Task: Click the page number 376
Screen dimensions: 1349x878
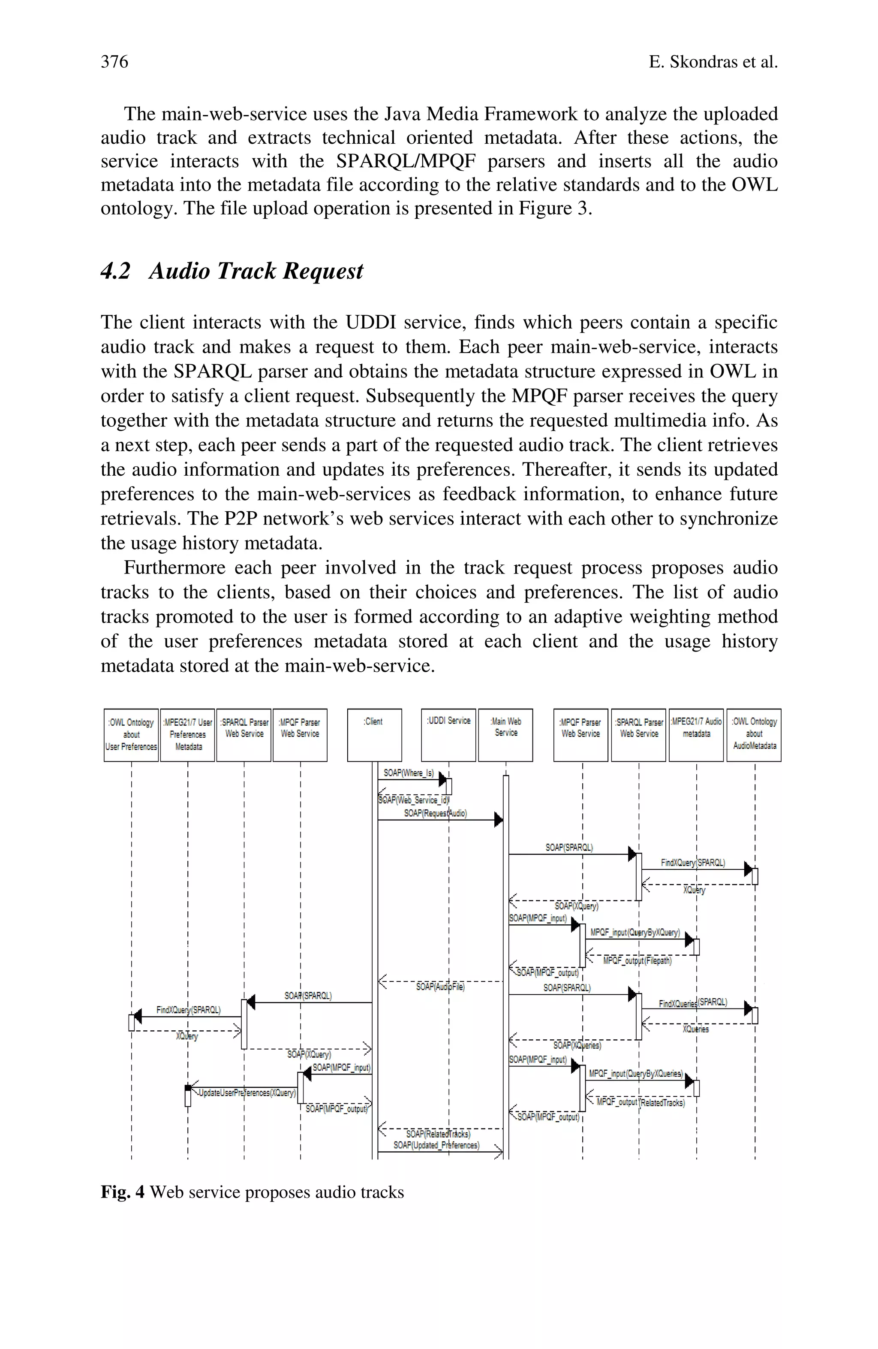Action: (114, 61)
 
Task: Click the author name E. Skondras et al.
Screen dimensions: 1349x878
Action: (713, 62)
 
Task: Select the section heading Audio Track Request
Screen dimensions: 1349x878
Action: (256, 271)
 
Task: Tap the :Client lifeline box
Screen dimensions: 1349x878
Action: (374, 735)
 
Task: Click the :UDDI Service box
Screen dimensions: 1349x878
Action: (448, 735)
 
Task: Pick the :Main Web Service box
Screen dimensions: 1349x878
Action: (505, 735)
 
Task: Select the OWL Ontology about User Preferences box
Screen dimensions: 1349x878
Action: (131, 735)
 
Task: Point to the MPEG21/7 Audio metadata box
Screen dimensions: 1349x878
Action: (696, 735)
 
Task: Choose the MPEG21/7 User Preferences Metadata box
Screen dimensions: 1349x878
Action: (187, 735)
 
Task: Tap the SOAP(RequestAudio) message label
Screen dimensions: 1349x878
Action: (435, 813)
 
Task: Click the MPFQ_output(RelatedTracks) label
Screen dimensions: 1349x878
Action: (640, 1102)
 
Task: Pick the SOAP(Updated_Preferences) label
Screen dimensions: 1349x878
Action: (436, 1145)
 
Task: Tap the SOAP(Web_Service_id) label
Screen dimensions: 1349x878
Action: (414, 800)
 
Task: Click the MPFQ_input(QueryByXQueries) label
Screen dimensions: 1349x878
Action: (635, 1074)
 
